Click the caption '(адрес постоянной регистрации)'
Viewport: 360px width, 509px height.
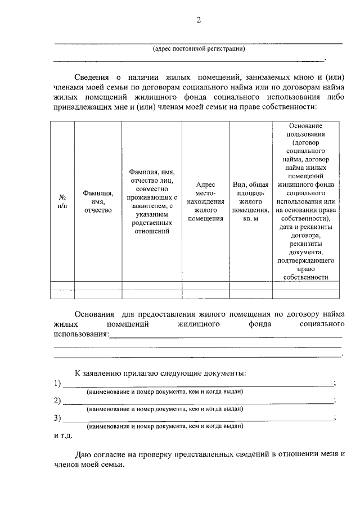click(x=199, y=49)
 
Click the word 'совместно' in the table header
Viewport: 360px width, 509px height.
click(x=151, y=189)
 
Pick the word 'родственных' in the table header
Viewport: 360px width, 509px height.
click(x=151, y=222)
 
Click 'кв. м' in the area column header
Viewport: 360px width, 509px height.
click(x=251, y=218)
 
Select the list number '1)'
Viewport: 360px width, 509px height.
click(x=57, y=384)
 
